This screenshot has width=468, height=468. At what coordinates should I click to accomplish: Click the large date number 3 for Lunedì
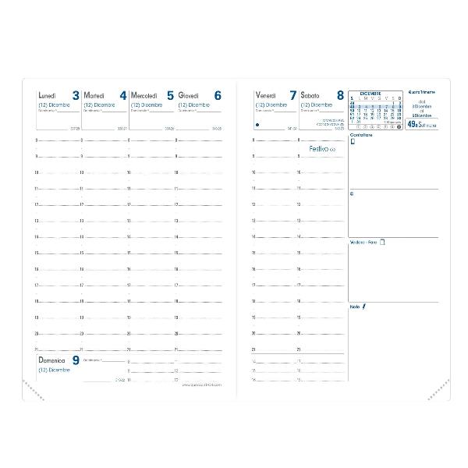pyautogui.click(x=76, y=95)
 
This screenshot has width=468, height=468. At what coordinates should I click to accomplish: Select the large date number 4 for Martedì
pyautogui.click(x=122, y=95)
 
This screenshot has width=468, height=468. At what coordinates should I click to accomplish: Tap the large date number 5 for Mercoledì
pyautogui.click(x=170, y=95)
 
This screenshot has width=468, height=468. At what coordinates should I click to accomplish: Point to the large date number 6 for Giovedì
pyautogui.click(x=218, y=95)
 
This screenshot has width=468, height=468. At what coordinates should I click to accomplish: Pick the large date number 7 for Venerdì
pyautogui.click(x=292, y=95)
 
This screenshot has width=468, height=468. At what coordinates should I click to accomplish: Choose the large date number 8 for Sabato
pyautogui.click(x=339, y=95)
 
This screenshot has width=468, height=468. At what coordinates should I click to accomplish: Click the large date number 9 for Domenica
pyautogui.click(x=76, y=360)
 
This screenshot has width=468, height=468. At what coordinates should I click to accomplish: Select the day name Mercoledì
pyautogui.click(x=144, y=95)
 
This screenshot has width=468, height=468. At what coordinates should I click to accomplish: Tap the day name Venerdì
pyautogui.click(x=267, y=95)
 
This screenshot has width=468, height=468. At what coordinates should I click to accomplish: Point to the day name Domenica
pyautogui.click(x=53, y=360)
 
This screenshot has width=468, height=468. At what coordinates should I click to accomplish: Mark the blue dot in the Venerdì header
pyautogui.click(x=257, y=124)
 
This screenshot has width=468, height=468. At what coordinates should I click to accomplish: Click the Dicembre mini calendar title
pyautogui.click(x=370, y=92)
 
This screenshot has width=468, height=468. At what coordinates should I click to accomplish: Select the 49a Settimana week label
pyautogui.click(x=422, y=124)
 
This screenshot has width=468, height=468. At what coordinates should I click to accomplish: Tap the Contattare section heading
pyautogui.click(x=361, y=136)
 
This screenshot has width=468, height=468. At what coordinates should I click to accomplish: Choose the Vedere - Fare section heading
pyautogui.click(x=364, y=242)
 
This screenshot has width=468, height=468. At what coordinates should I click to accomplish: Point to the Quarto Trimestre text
pyautogui.click(x=422, y=92)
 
